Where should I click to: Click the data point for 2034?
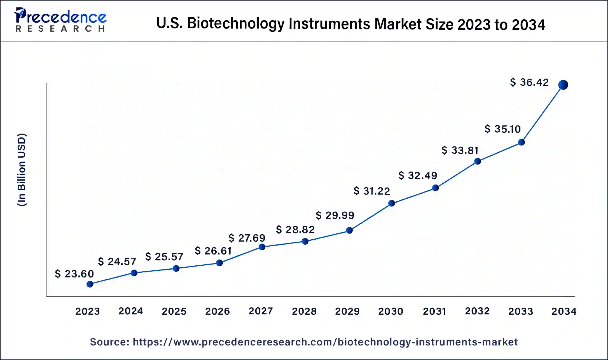[563, 85]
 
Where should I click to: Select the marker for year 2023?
[90, 284]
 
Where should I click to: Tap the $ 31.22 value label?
[372, 191]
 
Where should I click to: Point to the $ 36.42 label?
[529, 82]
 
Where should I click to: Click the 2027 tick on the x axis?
[261, 311]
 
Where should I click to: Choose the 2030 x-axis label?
[390, 311]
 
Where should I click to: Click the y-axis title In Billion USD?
[22, 170]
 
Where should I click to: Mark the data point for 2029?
[349, 230]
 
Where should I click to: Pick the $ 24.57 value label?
[117, 261]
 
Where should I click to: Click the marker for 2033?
[521, 142]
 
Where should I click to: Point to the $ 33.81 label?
[460, 150]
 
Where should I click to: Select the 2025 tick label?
[174, 311]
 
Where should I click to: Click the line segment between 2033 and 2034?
[542, 113]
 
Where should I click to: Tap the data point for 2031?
[435, 188]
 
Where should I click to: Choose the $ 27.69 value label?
[247, 238]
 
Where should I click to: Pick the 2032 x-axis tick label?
[477, 311]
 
